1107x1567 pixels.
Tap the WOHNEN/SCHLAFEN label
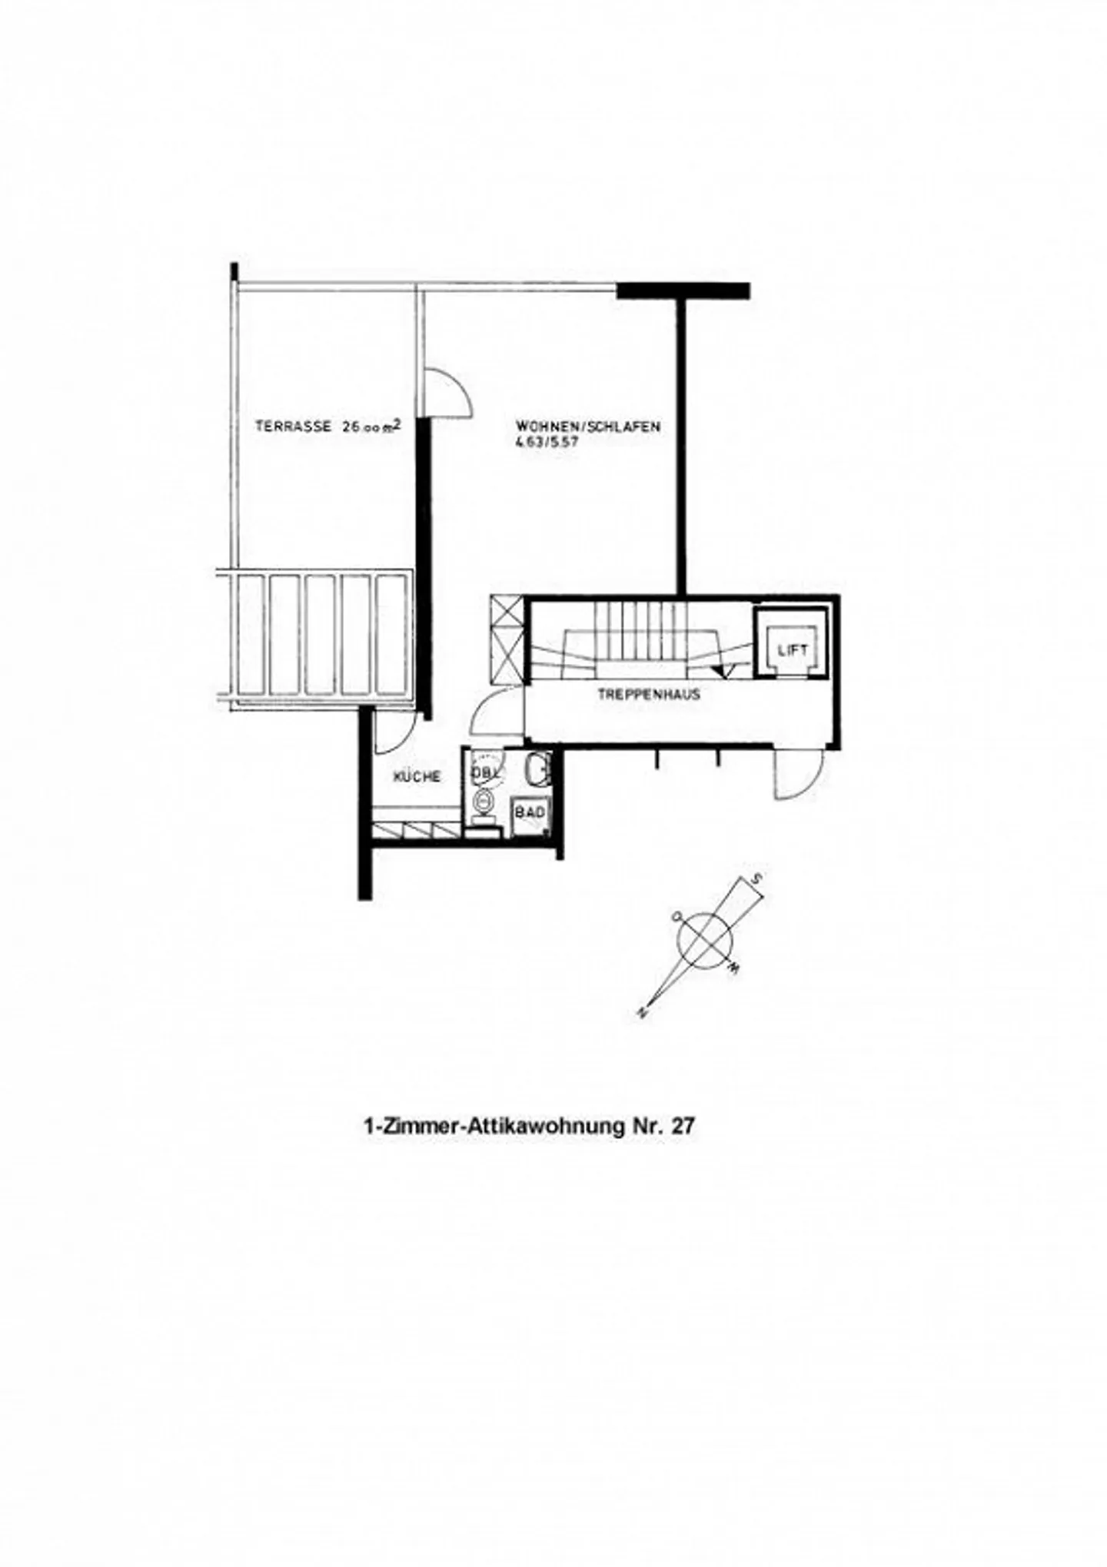(x=588, y=427)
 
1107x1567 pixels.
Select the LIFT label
(x=793, y=649)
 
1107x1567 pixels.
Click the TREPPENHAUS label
(x=649, y=695)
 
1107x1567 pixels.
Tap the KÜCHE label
(x=417, y=777)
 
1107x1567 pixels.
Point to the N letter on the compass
(x=640, y=1014)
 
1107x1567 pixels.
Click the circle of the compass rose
(x=705, y=937)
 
